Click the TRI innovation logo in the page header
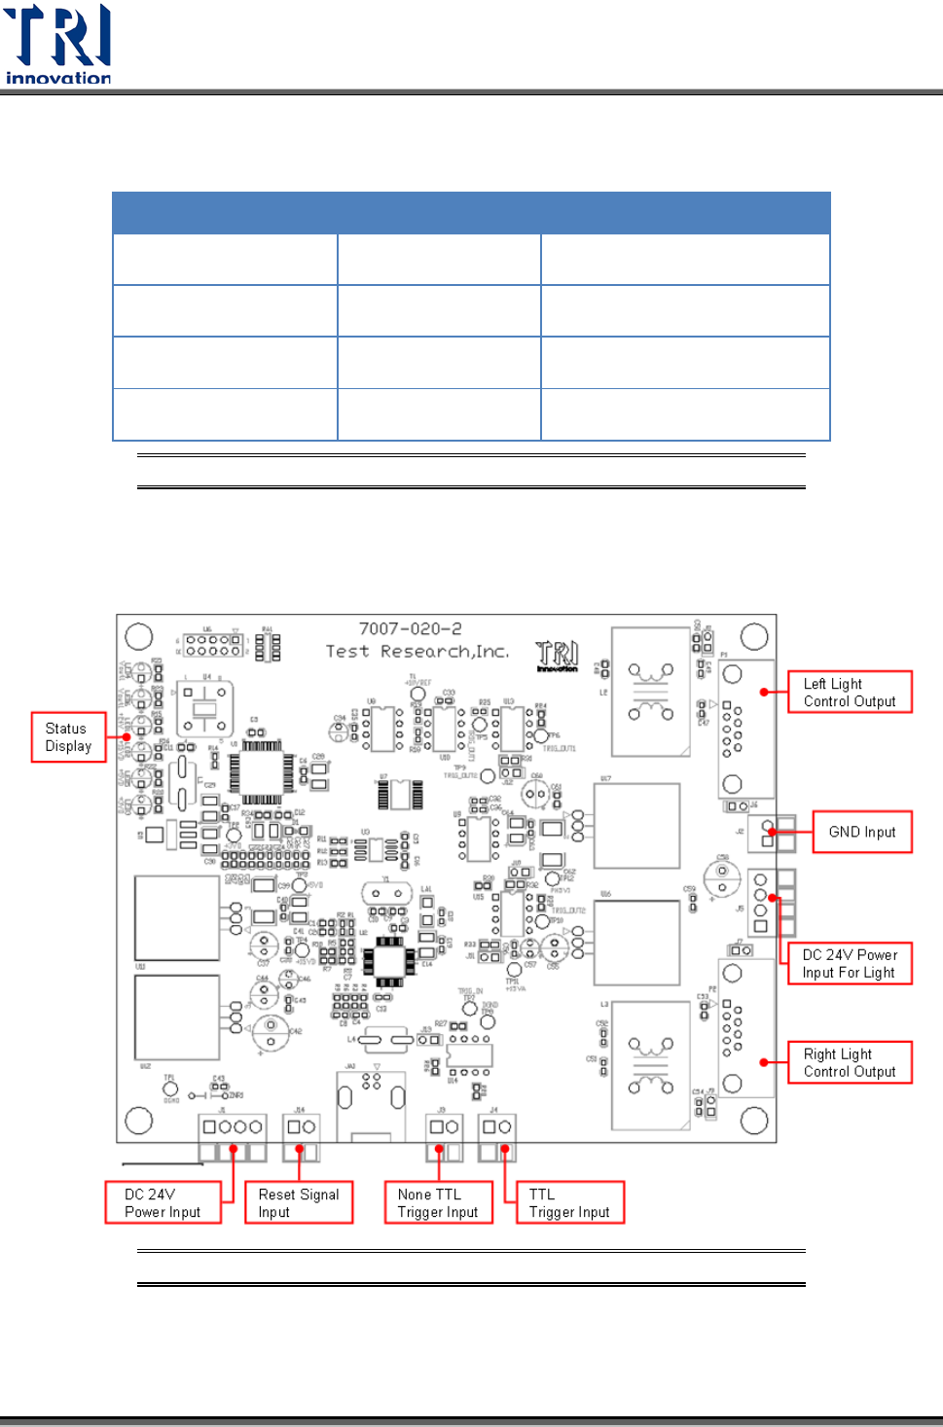point(57,45)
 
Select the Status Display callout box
point(68,737)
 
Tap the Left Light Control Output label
point(850,693)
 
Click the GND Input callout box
point(862,832)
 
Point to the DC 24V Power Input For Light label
point(850,963)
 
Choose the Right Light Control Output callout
point(850,1062)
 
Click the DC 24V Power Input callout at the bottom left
point(163,1202)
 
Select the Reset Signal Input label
point(299,1202)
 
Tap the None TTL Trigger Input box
point(438,1202)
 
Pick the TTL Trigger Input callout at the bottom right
point(569,1202)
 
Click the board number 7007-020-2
point(410,629)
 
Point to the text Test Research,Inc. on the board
point(417,652)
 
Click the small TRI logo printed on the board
point(557,656)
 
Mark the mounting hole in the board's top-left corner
point(139,636)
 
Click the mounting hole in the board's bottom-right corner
point(754,1121)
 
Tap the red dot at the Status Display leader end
point(127,737)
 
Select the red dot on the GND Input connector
point(771,832)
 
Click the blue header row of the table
point(471,213)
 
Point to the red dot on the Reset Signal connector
point(300,1150)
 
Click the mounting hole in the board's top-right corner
point(754,637)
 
